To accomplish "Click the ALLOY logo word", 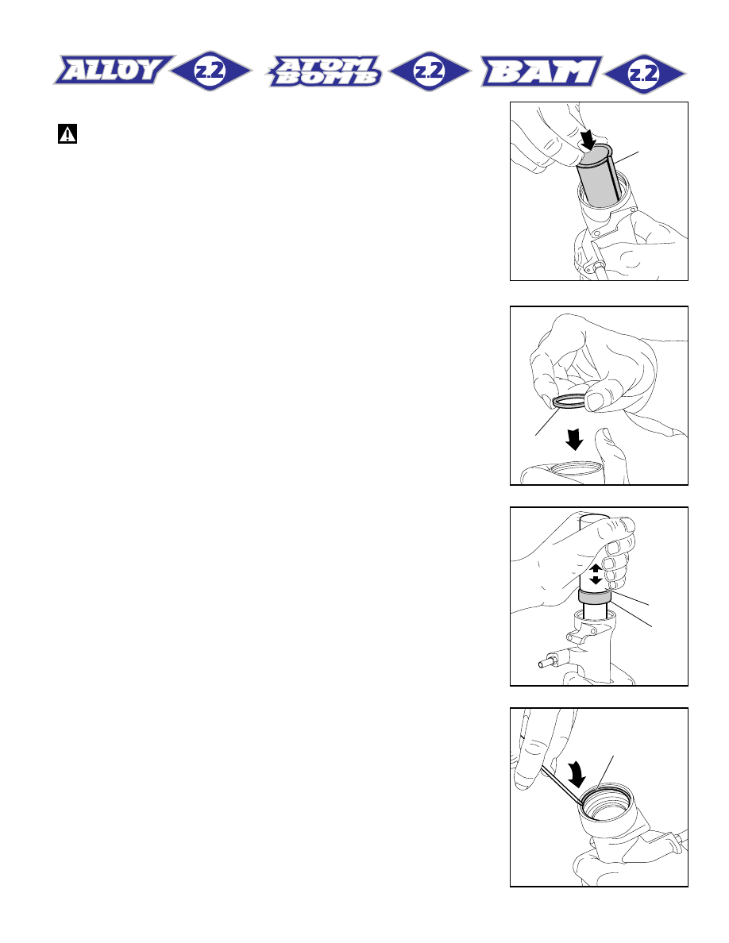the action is pyautogui.click(x=113, y=70).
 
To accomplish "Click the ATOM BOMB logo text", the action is pyautogui.click(x=325, y=71).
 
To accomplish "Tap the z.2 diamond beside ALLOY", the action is pyautogui.click(x=210, y=71).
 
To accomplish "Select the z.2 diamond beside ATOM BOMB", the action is pyautogui.click(x=430, y=71).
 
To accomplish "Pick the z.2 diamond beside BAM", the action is pyautogui.click(x=644, y=74).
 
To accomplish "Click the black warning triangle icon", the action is pyautogui.click(x=67, y=133).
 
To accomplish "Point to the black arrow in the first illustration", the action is pyautogui.click(x=588, y=139).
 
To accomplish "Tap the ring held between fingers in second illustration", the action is pyautogui.click(x=569, y=401).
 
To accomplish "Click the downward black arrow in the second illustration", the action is pyautogui.click(x=574, y=440).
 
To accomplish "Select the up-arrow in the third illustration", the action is pyautogui.click(x=596, y=568).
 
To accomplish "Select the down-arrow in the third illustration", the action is pyautogui.click(x=596, y=579).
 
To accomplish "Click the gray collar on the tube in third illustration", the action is pyautogui.click(x=595, y=598).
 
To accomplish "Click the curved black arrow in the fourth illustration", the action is pyautogui.click(x=577, y=774).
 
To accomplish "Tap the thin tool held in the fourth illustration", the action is pyautogui.click(x=561, y=785).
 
